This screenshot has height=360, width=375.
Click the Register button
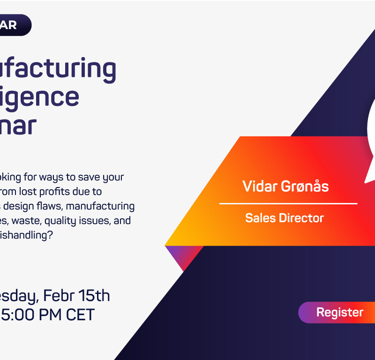[339, 312]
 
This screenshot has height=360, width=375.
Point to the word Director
[301, 218]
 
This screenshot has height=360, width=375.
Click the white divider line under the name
[288, 203]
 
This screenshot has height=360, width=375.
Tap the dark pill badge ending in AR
[14, 25]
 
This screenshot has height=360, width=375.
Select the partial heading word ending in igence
[39, 97]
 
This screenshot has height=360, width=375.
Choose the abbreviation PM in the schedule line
[47, 314]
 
